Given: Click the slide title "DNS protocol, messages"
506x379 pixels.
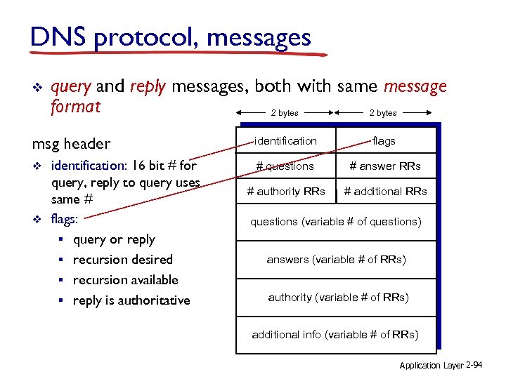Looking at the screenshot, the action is pyautogui.click(x=171, y=37).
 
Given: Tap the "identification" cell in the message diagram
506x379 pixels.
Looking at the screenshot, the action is pyautogui.click(x=285, y=141).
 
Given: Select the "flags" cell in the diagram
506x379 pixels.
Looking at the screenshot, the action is pyautogui.click(x=384, y=141).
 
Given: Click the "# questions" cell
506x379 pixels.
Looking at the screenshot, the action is pyautogui.click(x=285, y=166).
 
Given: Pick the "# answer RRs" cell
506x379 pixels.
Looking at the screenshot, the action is pyautogui.click(x=385, y=166).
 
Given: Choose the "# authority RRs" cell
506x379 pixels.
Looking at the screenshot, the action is pyautogui.click(x=285, y=191).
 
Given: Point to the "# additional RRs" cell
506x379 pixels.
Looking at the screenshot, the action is pyautogui.click(x=385, y=191).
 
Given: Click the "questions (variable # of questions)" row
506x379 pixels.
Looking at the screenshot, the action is pyautogui.click(x=336, y=222).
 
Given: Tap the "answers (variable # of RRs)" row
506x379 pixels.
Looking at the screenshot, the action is pyautogui.click(x=336, y=260).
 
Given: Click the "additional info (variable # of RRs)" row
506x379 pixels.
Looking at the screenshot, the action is pyautogui.click(x=335, y=335).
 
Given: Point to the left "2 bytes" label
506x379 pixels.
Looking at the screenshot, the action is pyautogui.click(x=285, y=112).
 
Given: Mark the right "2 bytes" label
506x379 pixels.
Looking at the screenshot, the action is pyautogui.click(x=383, y=112).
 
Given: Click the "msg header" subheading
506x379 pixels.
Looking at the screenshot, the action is pyautogui.click(x=71, y=144).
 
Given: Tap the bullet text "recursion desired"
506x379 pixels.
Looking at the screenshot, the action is pyautogui.click(x=123, y=260).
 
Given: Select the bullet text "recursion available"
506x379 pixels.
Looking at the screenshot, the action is pyautogui.click(x=126, y=280).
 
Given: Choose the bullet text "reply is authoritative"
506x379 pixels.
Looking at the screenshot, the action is pyautogui.click(x=131, y=300).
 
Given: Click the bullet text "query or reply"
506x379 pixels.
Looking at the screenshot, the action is pyautogui.click(x=114, y=239).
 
